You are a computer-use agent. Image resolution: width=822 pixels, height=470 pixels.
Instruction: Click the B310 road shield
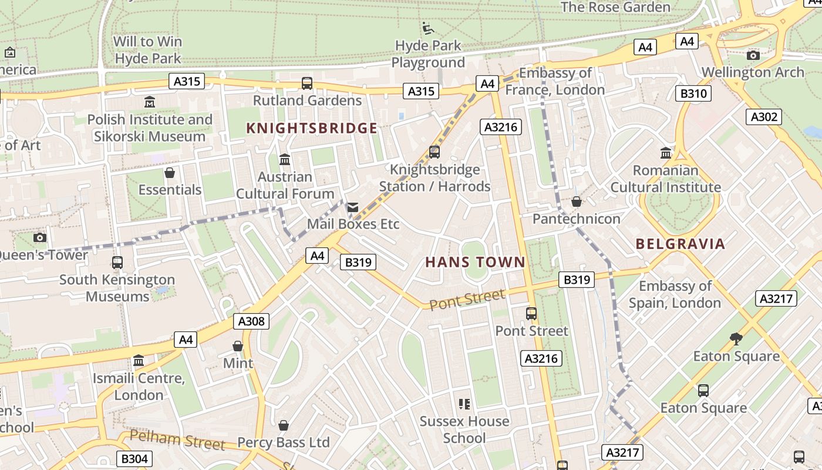pyautogui.click(x=693, y=93)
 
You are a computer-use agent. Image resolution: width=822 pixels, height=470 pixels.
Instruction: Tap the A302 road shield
pyautogui.click(x=764, y=117)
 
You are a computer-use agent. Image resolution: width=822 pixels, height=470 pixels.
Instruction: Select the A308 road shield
pyautogui.click(x=252, y=321)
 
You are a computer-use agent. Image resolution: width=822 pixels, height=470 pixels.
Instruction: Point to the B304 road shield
pyautogui.click(x=134, y=459)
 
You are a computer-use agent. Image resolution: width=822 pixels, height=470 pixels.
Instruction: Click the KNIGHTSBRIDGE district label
pyautogui.click(x=311, y=128)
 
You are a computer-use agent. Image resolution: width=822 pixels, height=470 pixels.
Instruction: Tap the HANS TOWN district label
pyautogui.click(x=475, y=262)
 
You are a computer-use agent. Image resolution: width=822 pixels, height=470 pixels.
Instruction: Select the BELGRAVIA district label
pyautogui.click(x=680, y=244)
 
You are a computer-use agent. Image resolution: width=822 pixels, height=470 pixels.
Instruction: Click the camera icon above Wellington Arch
pyautogui.click(x=753, y=55)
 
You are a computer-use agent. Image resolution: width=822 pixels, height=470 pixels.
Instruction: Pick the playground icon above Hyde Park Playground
pyautogui.click(x=428, y=28)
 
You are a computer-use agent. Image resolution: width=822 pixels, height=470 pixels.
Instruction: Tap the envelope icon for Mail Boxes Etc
pyautogui.click(x=352, y=207)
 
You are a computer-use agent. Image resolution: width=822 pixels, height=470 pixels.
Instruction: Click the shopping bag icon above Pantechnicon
pyautogui.click(x=577, y=202)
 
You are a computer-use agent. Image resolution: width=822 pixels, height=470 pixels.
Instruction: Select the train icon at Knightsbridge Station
pyautogui.click(x=434, y=152)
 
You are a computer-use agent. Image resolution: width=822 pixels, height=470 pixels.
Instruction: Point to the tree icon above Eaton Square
pyautogui.click(x=736, y=338)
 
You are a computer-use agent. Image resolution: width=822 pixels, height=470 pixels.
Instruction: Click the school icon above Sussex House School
pyautogui.click(x=464, y=404)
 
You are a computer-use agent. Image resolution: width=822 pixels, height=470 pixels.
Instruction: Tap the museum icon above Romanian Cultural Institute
pyautogui.click(x=666, y=153)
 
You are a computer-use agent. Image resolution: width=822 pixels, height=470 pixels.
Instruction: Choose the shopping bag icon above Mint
pyautogui.click(x=238, y=346)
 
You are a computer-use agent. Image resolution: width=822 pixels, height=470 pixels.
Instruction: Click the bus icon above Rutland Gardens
pyautogui.click(x=307, y=83)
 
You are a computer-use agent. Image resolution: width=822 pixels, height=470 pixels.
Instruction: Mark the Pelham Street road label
pyautogui.click(x=177, y=440)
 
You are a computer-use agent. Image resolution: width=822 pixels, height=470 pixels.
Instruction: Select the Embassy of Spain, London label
pyautogui.click(x=675, y=294)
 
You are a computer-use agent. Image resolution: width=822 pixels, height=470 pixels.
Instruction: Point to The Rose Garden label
pyautogui.click(x=615, y=7)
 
